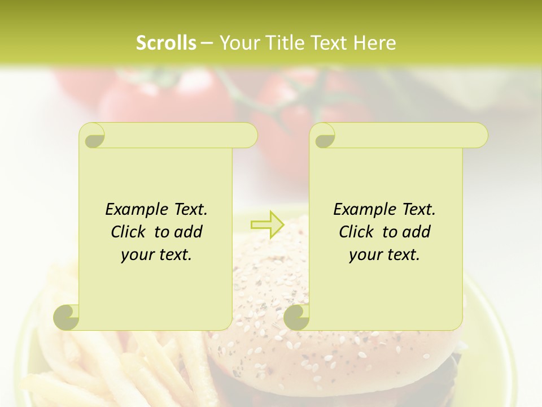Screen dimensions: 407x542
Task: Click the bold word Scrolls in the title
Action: click(167, 43)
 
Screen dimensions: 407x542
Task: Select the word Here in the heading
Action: click(375, 43)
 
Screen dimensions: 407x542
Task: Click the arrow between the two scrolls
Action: click(267, 225)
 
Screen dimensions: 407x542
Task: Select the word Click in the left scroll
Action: click(128, 232)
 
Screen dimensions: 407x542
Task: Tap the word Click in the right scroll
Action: click(356, 232)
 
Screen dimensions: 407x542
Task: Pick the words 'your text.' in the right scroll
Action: click(384, 256)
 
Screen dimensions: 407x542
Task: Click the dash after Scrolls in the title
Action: click(207, 43)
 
